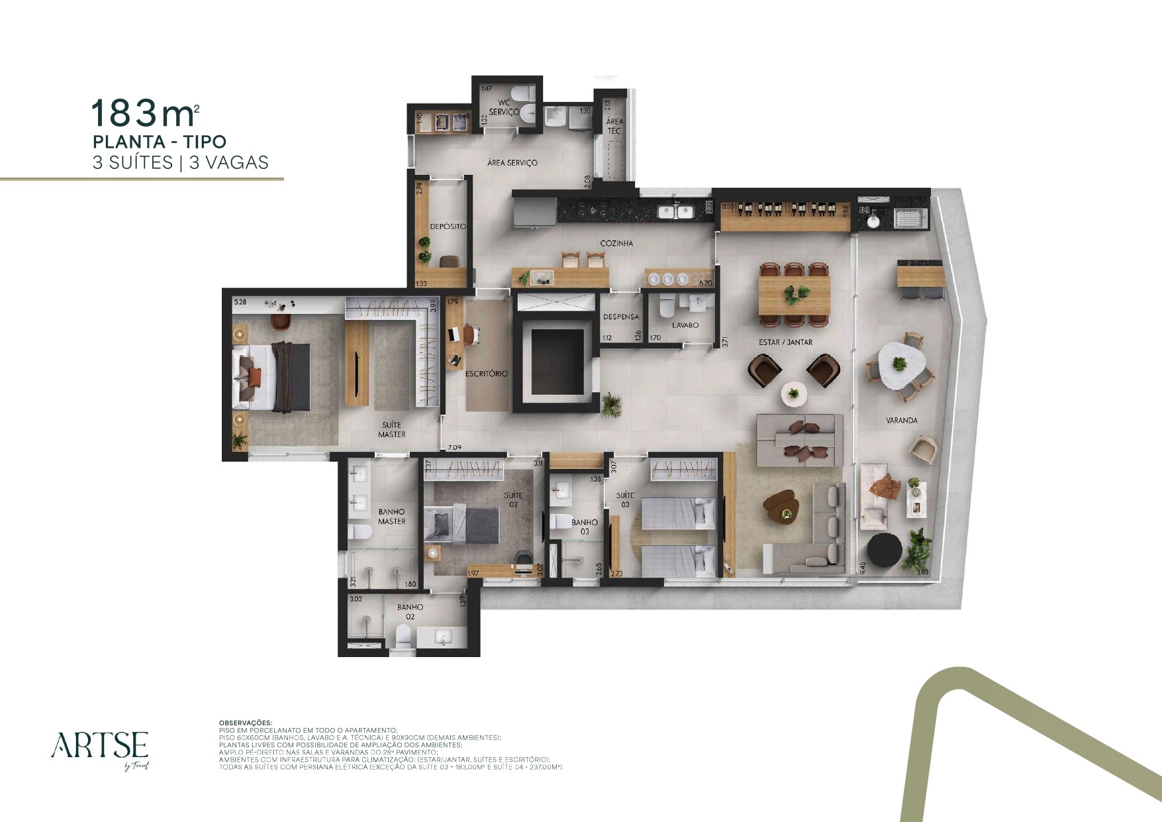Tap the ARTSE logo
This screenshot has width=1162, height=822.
click(100, 746)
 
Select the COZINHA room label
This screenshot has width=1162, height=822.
click(616, 244)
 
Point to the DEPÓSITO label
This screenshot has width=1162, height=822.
click(448, 227)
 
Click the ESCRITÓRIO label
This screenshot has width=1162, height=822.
click(487, 374)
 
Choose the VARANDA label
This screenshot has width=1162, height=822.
click(901, 420)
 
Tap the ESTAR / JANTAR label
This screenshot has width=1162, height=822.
click(785, 342)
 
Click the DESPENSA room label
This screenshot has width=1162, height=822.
click(621, 317)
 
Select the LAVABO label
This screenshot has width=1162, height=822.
click(685, 325)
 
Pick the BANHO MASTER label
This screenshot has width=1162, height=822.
click(391, 517)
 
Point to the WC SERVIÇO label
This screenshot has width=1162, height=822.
click(504, 107)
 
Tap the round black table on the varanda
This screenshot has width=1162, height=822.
click(884, 550)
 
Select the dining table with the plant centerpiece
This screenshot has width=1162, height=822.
click(794, 295)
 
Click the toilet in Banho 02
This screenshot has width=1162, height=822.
click(403, 637)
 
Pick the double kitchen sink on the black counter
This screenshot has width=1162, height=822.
click(675, 212)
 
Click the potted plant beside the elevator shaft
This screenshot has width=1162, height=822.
click(610, 405)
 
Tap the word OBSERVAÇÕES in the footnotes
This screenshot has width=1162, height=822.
click(245, 723)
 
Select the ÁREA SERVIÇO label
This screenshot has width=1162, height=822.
click(512, 163)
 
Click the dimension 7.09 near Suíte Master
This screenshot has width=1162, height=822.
click(455, 448)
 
